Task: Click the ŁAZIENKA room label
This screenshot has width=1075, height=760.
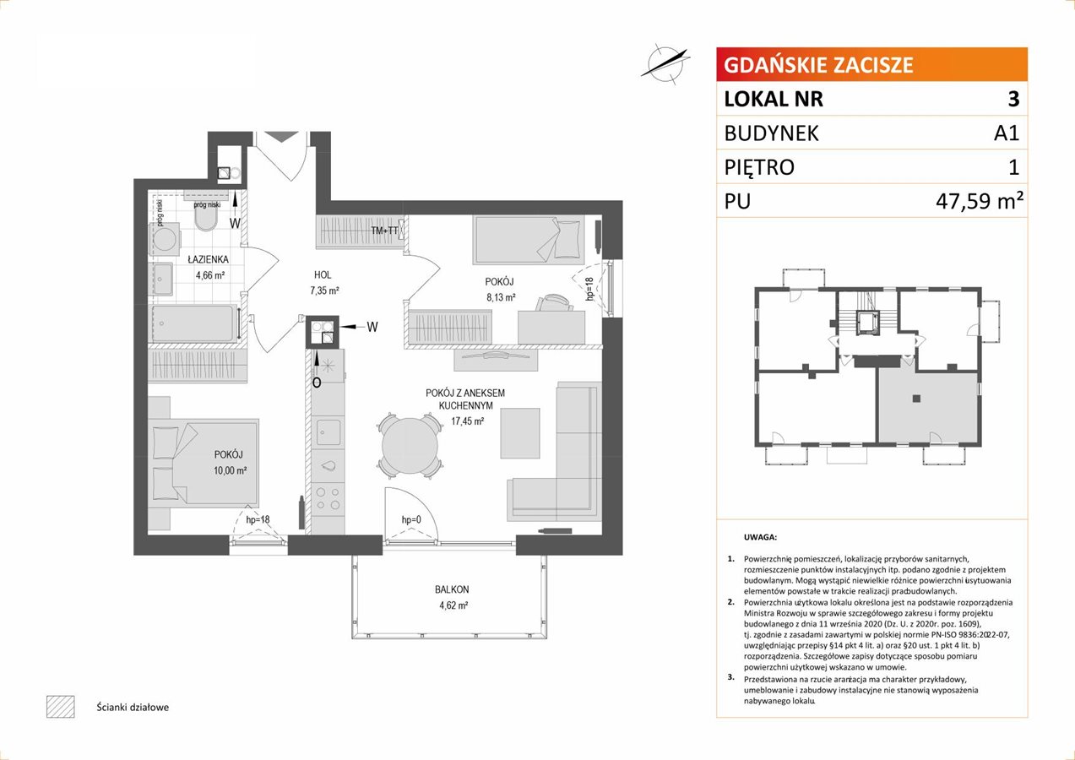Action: pyautogui.click(x=209, y=259)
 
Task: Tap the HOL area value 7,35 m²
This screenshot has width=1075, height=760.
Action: pyautogui.click(x=325, y=290)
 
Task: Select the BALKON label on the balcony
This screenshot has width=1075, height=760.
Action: pyautogui.click(x=452, y=589)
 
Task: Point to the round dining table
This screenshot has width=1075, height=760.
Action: pyautogui.click(x=410, y=445)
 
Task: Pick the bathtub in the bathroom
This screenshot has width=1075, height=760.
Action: pyautogui.click(x=195, y=323)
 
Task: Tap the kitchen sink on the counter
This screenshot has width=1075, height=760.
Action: pyautogui.click(x=328, y=432)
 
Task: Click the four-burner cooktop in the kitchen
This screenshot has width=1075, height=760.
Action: pyautogui.click(x=328, y=498)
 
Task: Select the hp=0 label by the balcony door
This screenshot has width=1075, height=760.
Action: pyautogui.click(x=411, y=519)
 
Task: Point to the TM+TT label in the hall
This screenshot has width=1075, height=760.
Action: pyautogui.click(x=384, y=231)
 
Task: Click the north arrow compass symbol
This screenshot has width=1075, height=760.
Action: pyautogui.click(x=665, y=64)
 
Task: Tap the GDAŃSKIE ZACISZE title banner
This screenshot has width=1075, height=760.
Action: pyautogui.click(x=872, y=64)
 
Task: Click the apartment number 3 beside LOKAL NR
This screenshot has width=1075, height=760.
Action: pyautogui.click(x=1013, y=99)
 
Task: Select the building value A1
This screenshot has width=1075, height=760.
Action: pyautogui.click(x=1007, y=133)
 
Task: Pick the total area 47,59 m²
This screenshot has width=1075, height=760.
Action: pyautogui.click(x=980, y=201)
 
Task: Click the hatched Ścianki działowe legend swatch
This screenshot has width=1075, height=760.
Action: pyautogui.click(x=61, y=707)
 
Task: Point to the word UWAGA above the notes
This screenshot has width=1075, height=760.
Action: pyautogui.click(x=760, y=537)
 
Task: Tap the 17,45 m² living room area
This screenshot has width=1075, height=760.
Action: pyautogui.click(x=468, y=421)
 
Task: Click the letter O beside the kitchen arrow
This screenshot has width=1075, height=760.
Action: pyautogui.click(x=317, y=383)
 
